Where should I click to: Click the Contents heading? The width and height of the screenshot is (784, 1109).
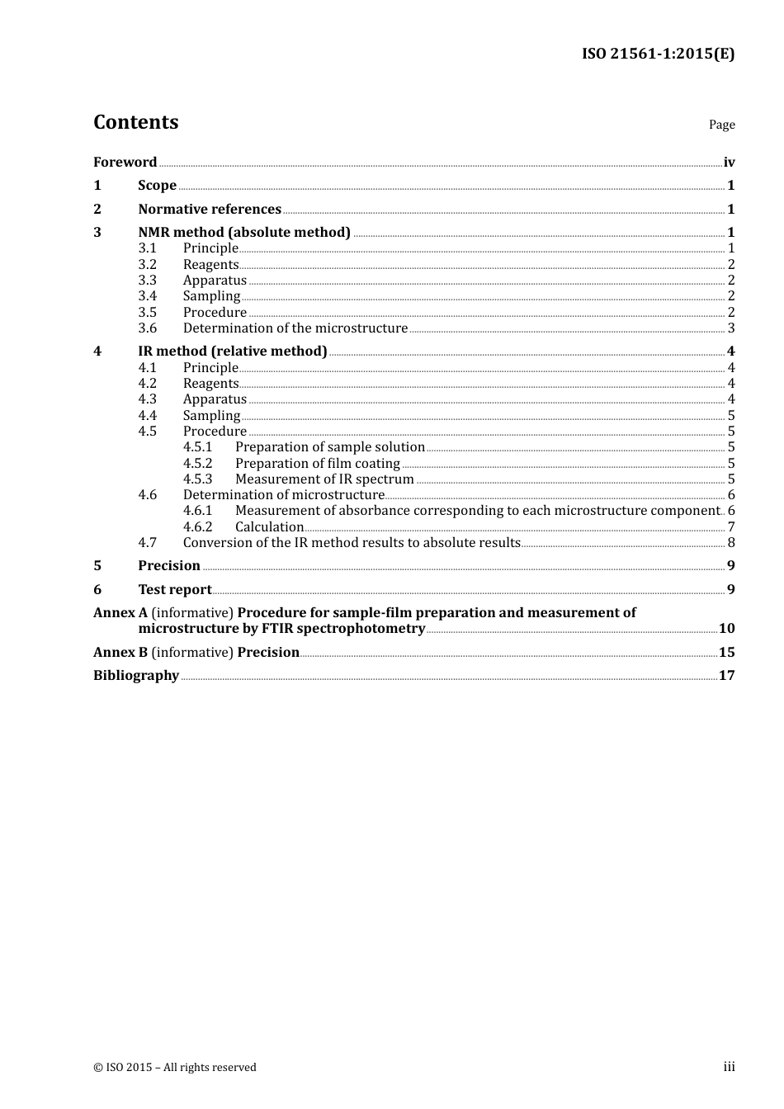(135, 122)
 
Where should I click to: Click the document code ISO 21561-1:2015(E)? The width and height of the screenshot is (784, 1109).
(658, 54)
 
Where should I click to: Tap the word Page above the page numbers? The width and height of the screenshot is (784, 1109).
(721, 125)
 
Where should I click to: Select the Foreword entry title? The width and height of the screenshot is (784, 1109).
(125, 163)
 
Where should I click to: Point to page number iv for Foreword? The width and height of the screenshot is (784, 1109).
(729, 163)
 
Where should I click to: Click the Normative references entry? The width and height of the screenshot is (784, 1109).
(210, 210)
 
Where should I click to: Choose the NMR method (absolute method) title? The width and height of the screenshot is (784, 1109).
(244, 233)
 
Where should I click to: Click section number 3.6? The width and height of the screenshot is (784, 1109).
(147, 328)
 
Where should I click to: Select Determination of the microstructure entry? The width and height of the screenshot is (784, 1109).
(295, 328)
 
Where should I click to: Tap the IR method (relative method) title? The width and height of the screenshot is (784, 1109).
(233, 352)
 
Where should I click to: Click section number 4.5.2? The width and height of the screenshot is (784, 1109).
(197, 464)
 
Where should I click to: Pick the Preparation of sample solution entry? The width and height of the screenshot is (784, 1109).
(330, 447)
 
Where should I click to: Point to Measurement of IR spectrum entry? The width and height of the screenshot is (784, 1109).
(324, 479)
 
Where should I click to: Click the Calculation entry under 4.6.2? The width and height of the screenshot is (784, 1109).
(270, 527)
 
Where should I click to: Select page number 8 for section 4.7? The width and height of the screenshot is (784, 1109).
(731, 543)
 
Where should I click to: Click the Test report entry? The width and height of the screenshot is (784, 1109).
(175, 590)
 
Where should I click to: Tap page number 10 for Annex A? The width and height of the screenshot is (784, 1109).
(726, 629)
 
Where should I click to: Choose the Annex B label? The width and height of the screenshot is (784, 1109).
(120, 653)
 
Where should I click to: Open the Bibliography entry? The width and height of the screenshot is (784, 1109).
(136, 676)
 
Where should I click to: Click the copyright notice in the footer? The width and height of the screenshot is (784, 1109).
(175, 1068)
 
